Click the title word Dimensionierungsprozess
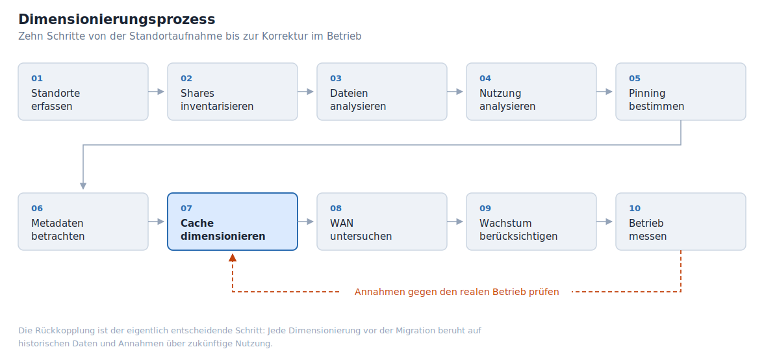click(x=116, y=19)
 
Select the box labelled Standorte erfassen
click(x=83, y=92)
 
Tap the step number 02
click(x=186, y=79)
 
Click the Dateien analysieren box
click(x=382, y=92)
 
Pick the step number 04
click(x=485, y=79)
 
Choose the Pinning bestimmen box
click(x=681, y=92)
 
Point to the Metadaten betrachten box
click(x=83, y=222)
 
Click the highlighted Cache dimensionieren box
click(x=233, y=222)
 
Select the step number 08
click(x=336, y=209)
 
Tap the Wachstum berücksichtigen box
click(x=531, y=222)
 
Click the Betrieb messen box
click(x=681, y=222)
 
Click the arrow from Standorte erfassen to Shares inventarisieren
click(x=157, y=92)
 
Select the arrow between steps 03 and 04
click(x=455, y=92)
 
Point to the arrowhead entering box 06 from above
click(x=83, y=186)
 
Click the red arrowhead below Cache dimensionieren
click(x=233, y=258)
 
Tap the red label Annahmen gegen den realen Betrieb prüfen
click(x=457, y=292)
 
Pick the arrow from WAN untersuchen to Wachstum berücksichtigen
click(x=455, y=222)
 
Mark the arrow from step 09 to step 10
click(x=604, y=222)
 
